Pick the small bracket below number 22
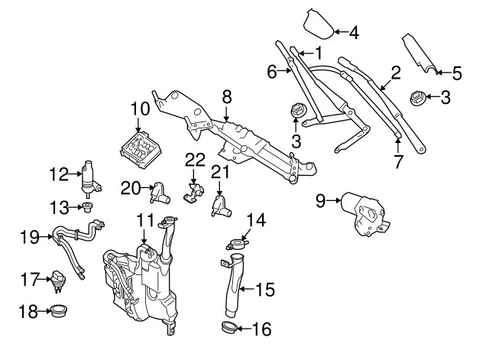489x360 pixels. pos(193,191)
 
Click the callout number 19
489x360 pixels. pos(29,238)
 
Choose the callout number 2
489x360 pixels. pos(396,73)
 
